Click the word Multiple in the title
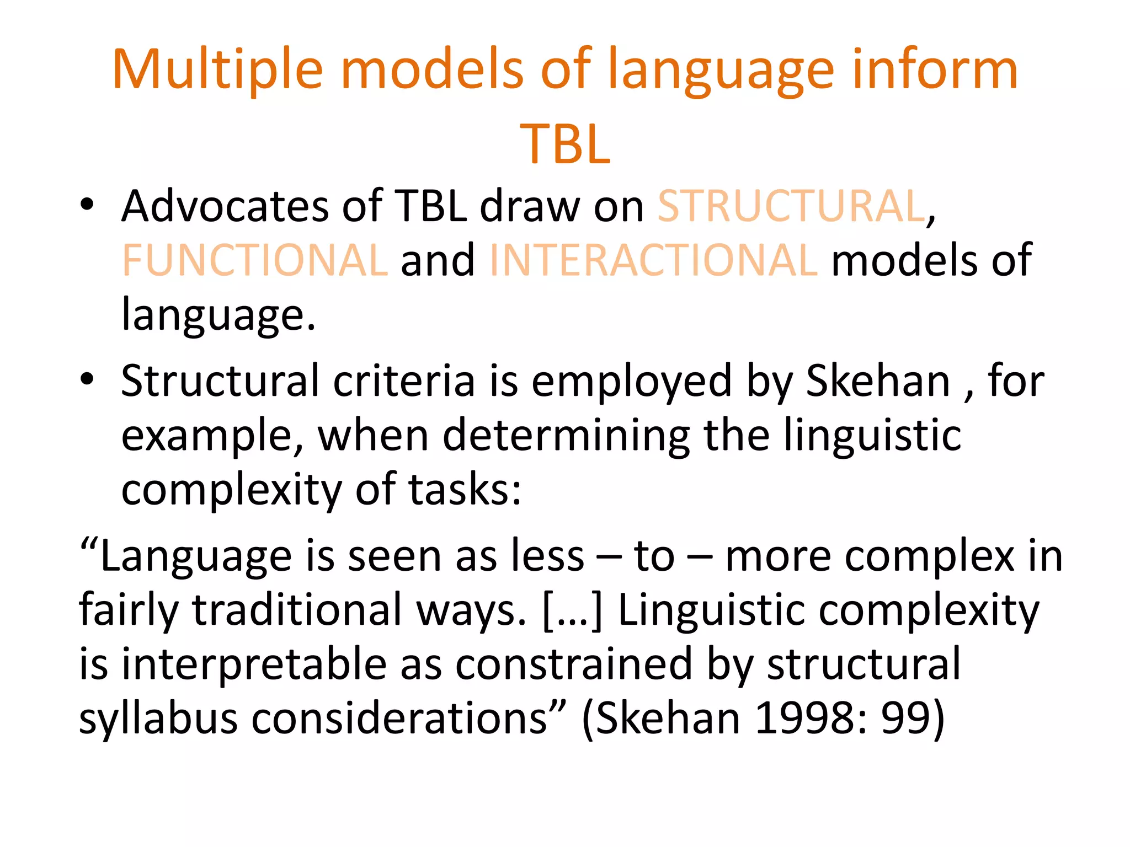pos(217,71)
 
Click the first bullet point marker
pos(87,205)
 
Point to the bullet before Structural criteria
pos(87,379)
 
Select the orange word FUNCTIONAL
pos(254,260)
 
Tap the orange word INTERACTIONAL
pos(653,260)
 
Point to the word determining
pos(566,436)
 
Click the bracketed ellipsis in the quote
pos(572,611)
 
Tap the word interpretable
pos(254,665)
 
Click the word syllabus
pos(158,719)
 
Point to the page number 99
pos(904,719)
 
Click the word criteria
pos(404,382)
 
